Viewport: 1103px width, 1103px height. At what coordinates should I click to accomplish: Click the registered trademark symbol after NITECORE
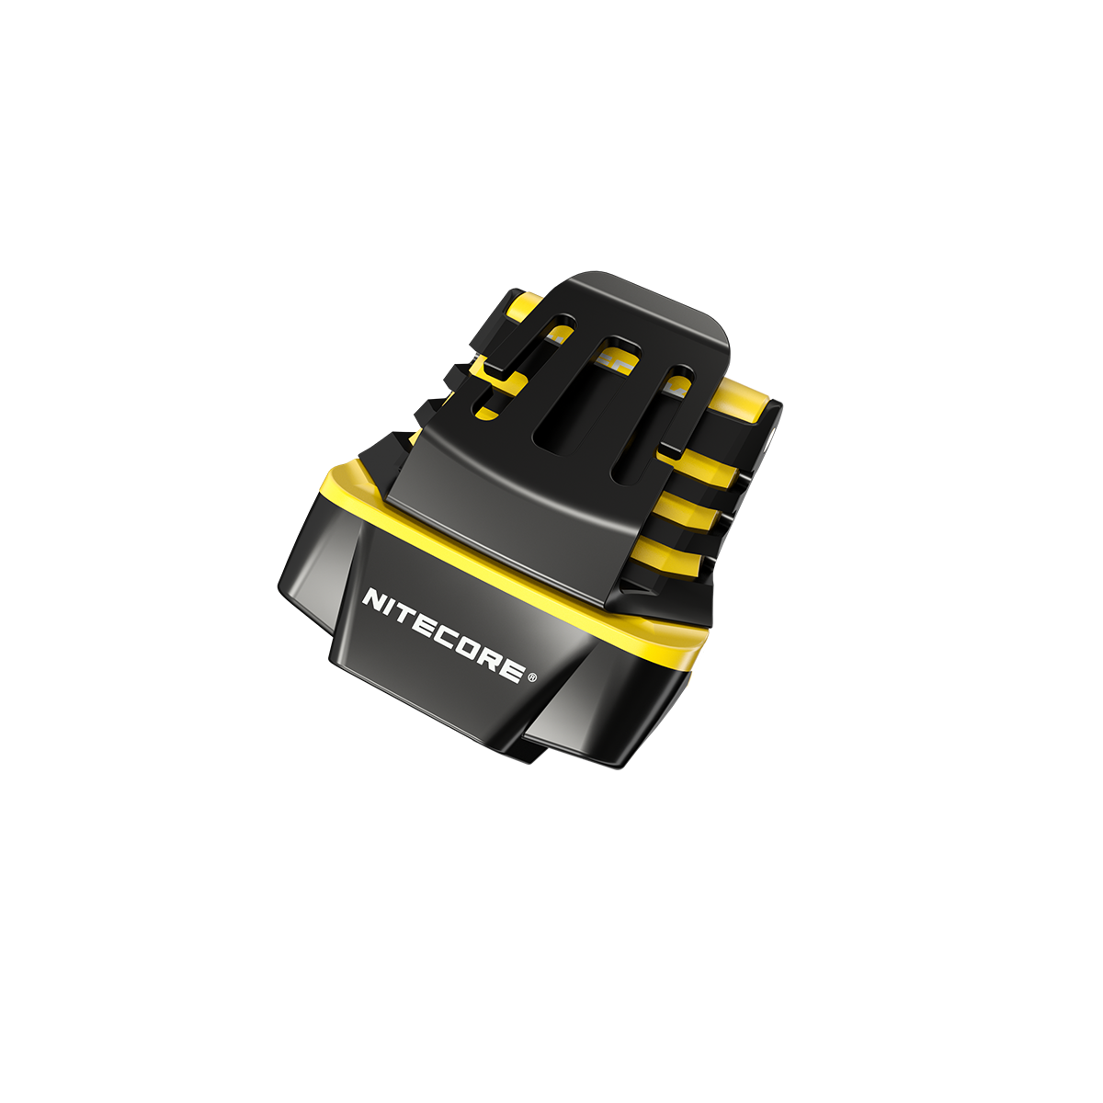534,678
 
